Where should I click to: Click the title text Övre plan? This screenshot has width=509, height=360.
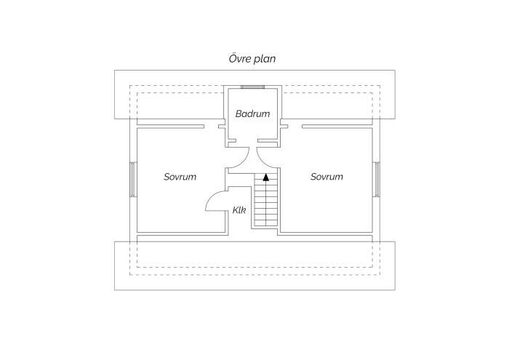(x=252, y=59)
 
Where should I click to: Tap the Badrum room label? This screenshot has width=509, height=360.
(x=252, y=113)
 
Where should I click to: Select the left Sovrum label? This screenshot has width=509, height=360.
(x=180, y=177)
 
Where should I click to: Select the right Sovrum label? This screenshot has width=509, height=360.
(x=326, y=177)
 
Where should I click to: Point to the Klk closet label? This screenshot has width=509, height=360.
(x=239, y=210)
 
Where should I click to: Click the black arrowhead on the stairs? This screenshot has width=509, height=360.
(x=266, y=177)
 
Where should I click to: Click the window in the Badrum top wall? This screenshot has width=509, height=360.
(x=252, y=87)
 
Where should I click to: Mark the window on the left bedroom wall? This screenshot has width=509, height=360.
(x=132, y=179)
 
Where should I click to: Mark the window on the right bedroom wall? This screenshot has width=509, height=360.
(x=376, y=179)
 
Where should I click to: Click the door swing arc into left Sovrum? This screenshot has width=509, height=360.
(x=211, y=196)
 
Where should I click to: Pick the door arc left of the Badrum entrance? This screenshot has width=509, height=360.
(x=243, y=163)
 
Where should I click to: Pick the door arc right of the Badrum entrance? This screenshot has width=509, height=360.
(x=262, y=163)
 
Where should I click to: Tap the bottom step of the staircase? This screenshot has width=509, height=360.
(x=266, y=223)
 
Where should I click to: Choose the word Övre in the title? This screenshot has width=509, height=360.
(x=239, y=59)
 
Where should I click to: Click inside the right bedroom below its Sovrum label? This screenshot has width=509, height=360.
(x=326, y=208)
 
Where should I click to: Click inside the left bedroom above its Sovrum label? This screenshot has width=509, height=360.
(x=180, y=149)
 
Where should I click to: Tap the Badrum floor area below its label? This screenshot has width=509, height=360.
(x=252, y=128)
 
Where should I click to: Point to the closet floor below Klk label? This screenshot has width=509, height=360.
(x=239, y=223)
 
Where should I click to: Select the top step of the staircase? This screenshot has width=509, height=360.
(x=266, y=177)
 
